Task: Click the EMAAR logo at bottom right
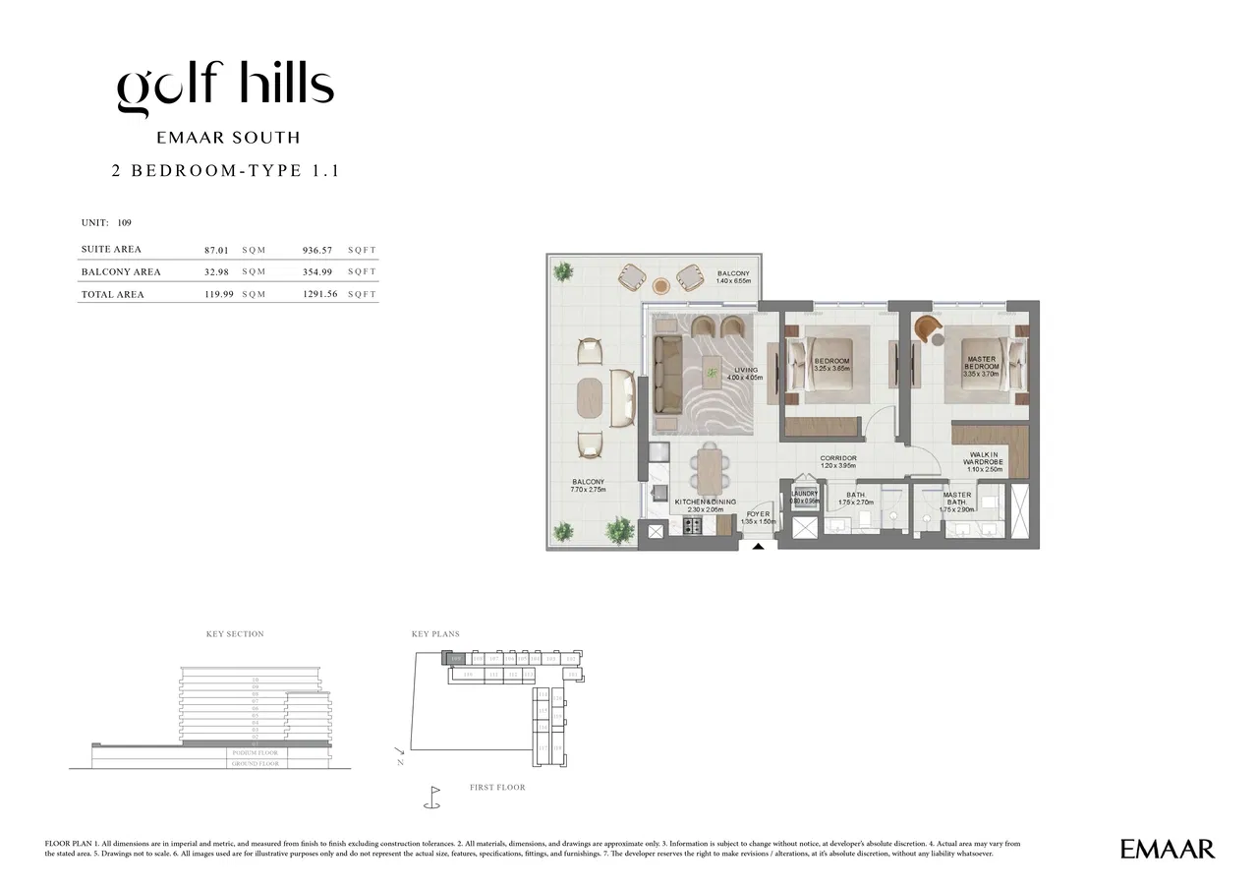pos(1167,849)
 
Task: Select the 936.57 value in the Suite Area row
pos(319,250)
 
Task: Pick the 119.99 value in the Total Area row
pos(218,294)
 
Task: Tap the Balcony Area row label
pos(121,272)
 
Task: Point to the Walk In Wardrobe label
pos(983,462)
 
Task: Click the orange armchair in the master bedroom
pos(926,329)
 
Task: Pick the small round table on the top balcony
pos(660,286)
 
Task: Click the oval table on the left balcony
pos(591,397)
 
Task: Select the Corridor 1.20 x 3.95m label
pos(838,462)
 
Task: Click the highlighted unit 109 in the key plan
pos(455,657)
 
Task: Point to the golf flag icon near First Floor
pos(431,796)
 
